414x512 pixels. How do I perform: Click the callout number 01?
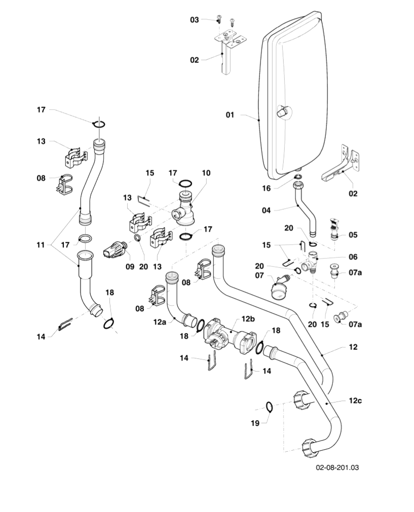click(x=230, y=115)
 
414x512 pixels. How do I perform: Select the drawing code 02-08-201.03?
click(x=337, y=467)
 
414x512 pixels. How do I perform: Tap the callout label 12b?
click(x=248, y=318)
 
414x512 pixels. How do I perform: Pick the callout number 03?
click(x=195, y=20)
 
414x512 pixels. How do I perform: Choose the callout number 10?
click(x=206, y=173)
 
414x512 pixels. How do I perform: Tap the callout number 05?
click(x=353, y=235)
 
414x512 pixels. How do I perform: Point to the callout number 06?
click(x=353, y=257)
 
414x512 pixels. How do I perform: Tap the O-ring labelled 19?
click(x=270, y=406)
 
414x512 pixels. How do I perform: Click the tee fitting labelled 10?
click(x=185, y=210)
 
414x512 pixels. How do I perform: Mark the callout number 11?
click(x=41, y=245)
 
